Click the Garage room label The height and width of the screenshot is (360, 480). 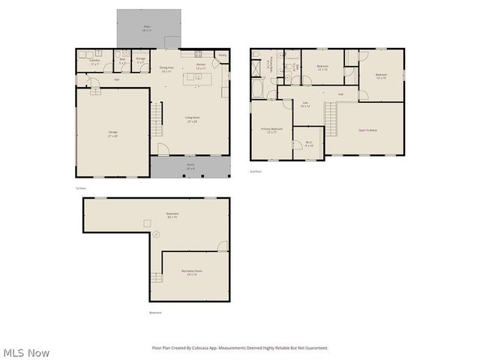coord(112,134)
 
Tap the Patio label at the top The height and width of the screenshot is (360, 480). coord(148,28)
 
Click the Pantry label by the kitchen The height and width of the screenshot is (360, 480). coord(222,55)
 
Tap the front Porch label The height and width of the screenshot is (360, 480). coord(190,166)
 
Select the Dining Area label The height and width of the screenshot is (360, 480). coord(166,70)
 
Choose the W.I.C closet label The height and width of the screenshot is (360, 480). coord(309,143)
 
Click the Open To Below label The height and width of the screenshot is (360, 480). coord(367,130)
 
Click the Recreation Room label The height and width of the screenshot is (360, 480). coord(192,273)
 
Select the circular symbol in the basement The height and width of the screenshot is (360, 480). coord(157,235)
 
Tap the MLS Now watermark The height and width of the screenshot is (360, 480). coord(26,352)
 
